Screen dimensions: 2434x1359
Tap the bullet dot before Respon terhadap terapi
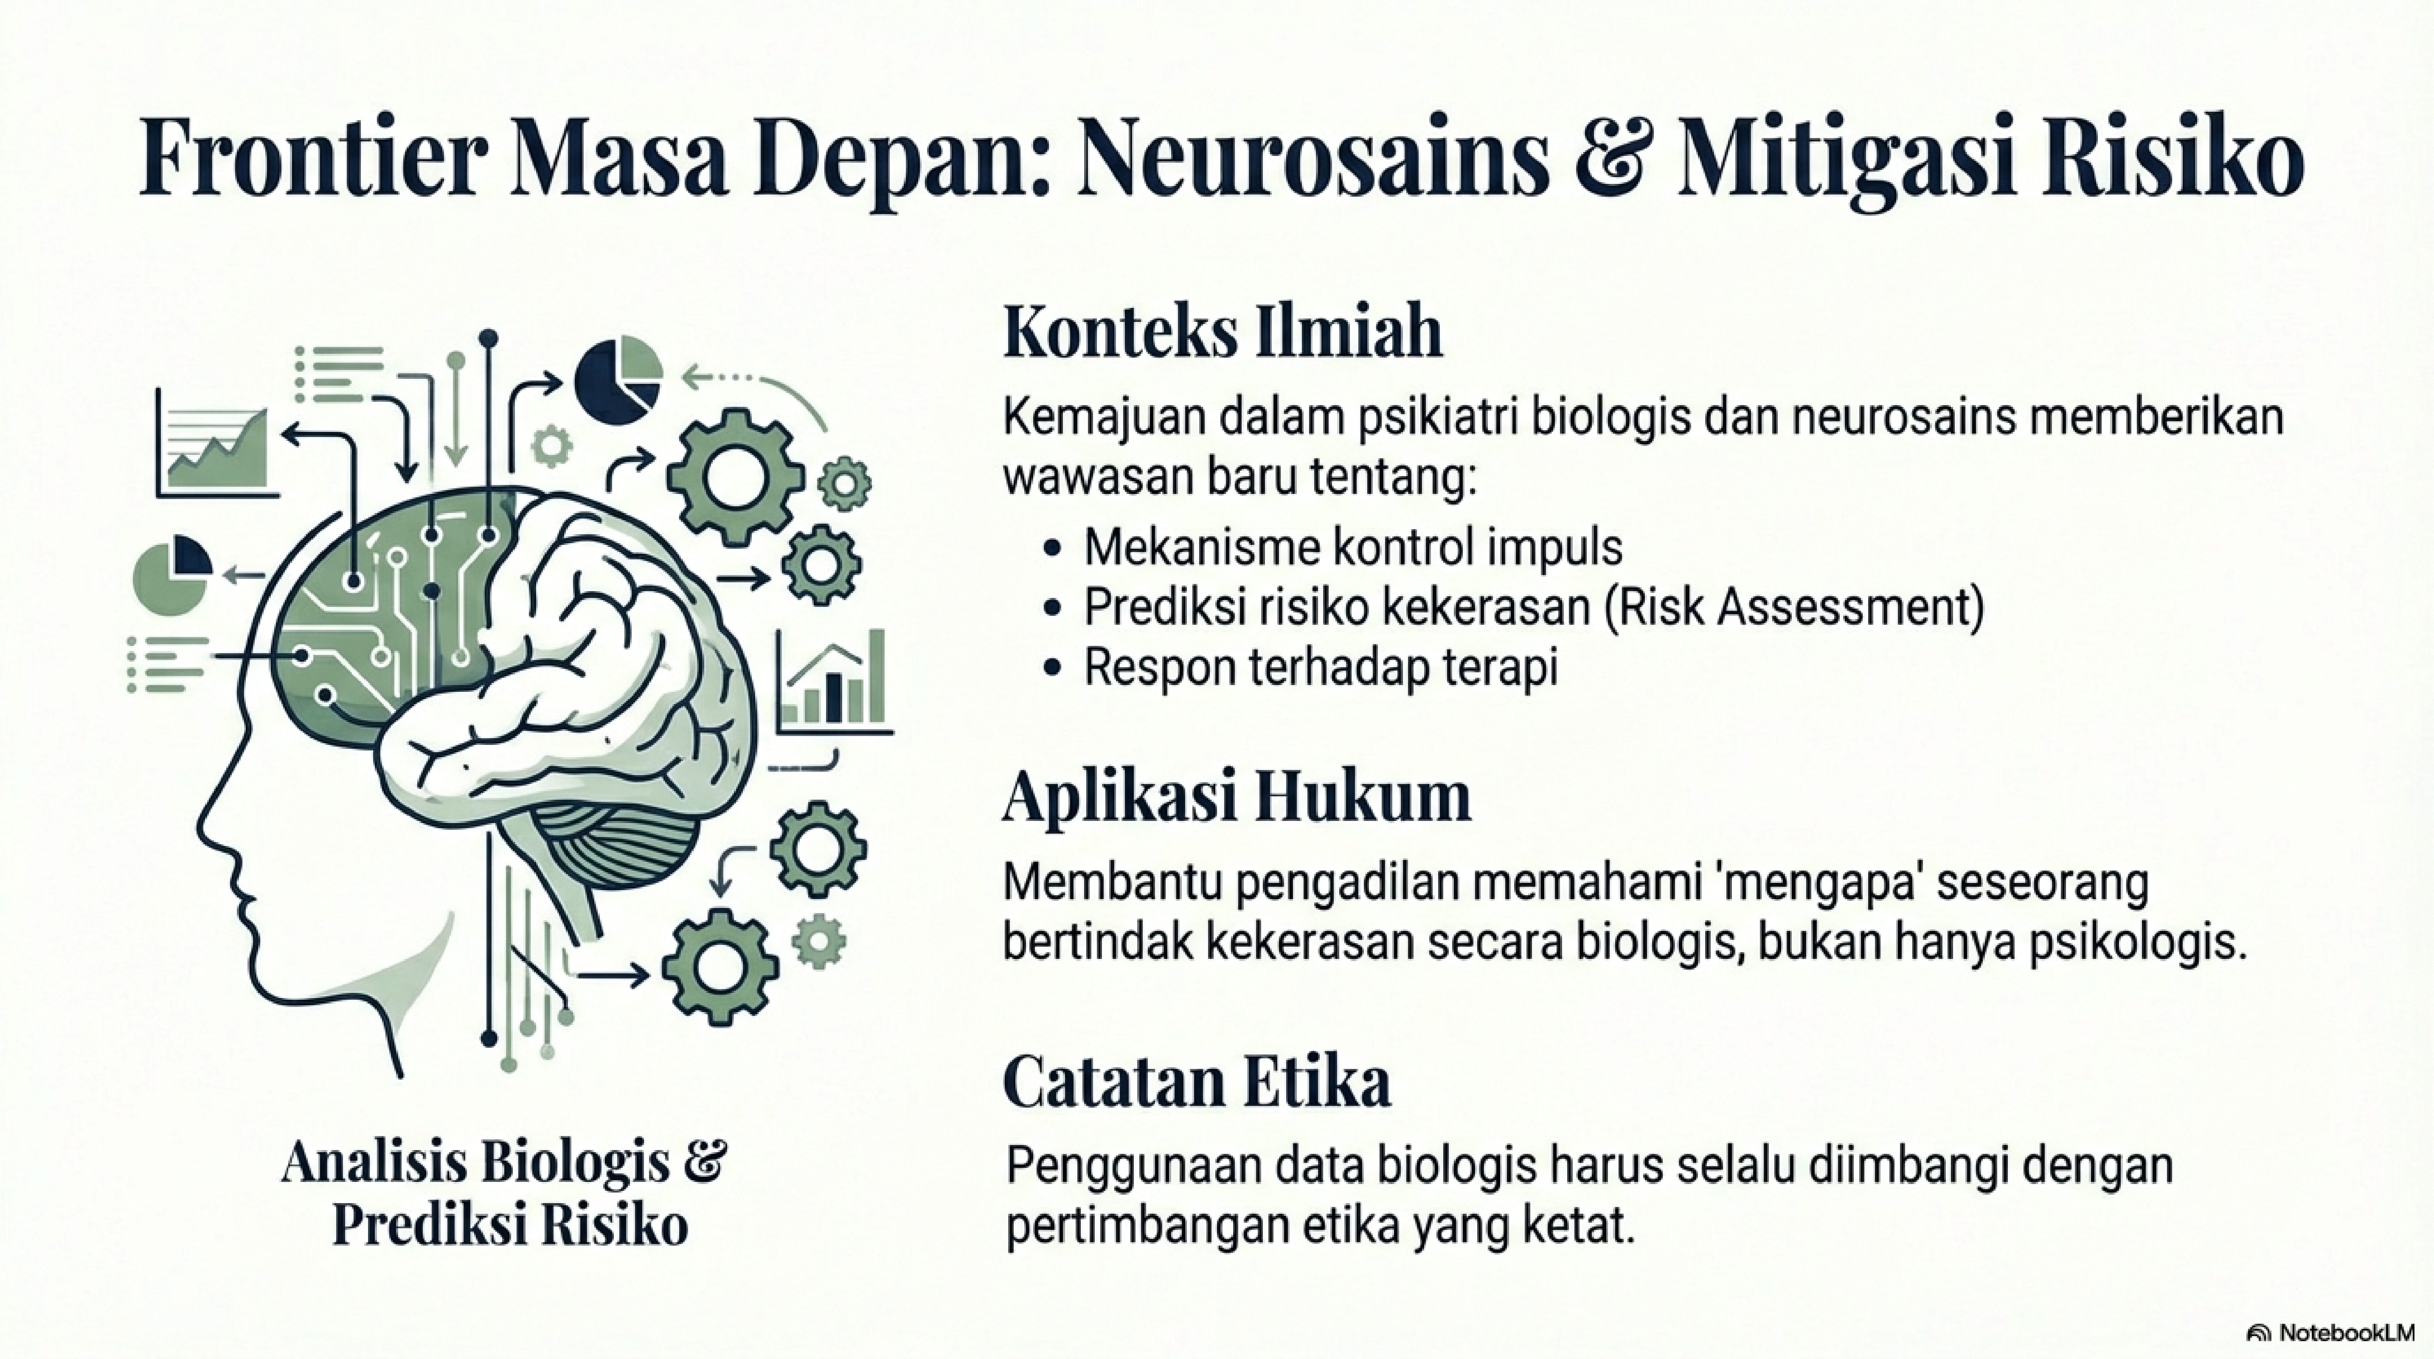click(1054, 668)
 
